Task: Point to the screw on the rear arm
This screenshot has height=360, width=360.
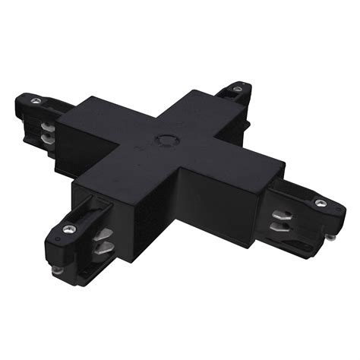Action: click(238, 90)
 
